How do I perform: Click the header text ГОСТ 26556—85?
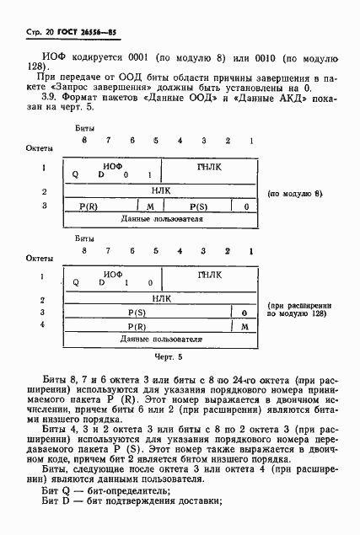point(67,31)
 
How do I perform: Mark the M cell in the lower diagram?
point(244,325)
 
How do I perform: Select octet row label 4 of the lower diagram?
point(42,324)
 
